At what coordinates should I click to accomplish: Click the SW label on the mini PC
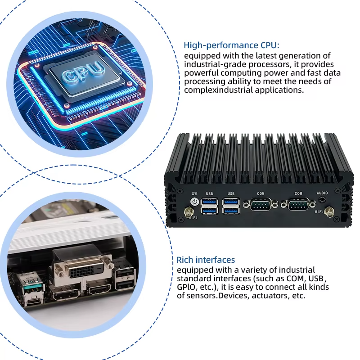pos(194,193)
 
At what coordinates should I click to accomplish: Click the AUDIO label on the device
pos(322,193)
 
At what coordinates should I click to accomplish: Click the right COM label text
pos(298,193)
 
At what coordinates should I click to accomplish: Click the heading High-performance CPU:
pos(231,45)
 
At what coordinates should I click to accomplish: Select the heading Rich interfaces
pos(206,260)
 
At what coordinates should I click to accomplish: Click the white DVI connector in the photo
pos(83,270)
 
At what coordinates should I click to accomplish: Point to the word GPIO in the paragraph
pos(186,287)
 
